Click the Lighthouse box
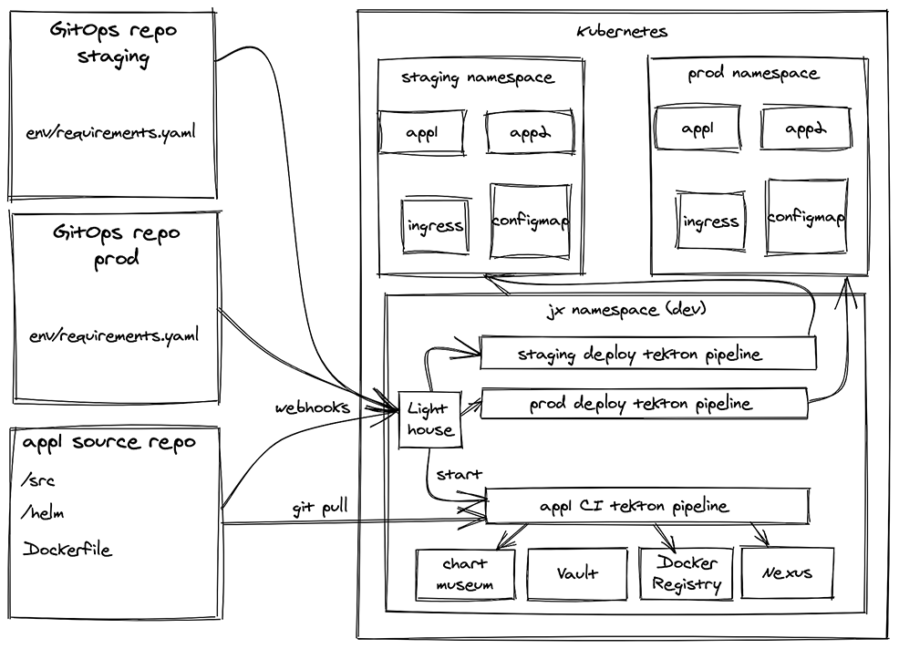click(428, 420)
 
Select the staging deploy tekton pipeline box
click(646, 354)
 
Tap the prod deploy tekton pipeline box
click(643, 403)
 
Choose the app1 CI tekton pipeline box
click(647, 506)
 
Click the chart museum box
click(465, 573)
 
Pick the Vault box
click(577, 573)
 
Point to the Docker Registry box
click(686, 573)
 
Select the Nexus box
click(788, 573)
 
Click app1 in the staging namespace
click(421, 133)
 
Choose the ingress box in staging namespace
click(436, 225)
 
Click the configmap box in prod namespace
click(806, 218)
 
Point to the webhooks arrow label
click(313, 407)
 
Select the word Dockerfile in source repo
click(67, 550)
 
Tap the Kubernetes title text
click(623, 31)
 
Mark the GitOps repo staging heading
click(114, 42)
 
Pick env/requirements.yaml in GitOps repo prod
click(113, 335)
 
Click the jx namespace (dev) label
click(625, 310)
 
